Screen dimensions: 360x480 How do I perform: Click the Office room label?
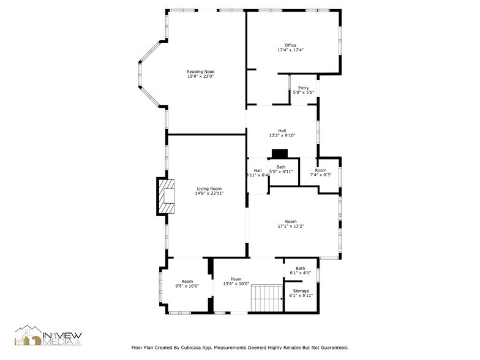point(290,45)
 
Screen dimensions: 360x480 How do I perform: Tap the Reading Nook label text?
point(200,72)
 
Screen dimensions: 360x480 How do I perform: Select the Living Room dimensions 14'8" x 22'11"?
point(209,193)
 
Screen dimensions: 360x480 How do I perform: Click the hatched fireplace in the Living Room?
point(166,196)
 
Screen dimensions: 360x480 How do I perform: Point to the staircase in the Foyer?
point(266,298)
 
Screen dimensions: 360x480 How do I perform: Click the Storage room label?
point(301,291)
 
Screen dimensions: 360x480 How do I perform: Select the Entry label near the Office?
point(303,88)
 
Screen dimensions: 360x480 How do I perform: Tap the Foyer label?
point(236,279)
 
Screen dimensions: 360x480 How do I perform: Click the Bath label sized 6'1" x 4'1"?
point(300,268)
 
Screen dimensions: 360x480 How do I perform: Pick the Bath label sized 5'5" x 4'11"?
point(280,167)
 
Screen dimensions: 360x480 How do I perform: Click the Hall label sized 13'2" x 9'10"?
point(282,130)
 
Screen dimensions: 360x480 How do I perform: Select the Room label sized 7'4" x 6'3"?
point(321,170)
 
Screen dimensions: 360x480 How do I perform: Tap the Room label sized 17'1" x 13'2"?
point(290,222)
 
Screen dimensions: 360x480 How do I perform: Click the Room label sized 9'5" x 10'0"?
point(187,281)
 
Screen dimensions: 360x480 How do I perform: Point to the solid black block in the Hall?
point(280,154)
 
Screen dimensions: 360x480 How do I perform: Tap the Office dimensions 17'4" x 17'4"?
point(290,50)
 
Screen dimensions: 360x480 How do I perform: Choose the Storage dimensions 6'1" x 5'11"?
point(301,296)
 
